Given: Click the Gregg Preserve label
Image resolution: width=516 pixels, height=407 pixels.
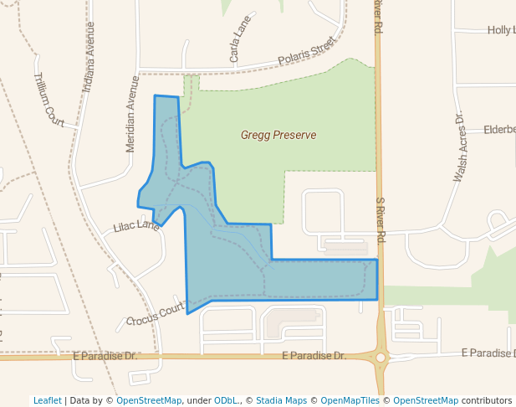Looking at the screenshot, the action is coord(278,135).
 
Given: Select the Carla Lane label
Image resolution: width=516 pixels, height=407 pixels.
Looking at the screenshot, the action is coord(240,44).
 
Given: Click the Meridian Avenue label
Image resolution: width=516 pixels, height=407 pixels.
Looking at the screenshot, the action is coord(131,115).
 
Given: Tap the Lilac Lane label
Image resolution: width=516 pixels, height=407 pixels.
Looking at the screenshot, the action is coord(136,226).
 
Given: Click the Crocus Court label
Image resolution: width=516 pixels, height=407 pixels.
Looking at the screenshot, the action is coord(155,315).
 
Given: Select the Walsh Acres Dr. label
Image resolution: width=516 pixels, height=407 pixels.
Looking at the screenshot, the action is coord(458,147).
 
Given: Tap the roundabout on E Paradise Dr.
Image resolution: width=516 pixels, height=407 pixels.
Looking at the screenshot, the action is coord(381,358).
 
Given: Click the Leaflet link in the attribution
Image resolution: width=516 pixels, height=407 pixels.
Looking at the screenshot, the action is coord(47,400).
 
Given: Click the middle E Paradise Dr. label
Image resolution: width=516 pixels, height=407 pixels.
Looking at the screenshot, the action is coord(314,356).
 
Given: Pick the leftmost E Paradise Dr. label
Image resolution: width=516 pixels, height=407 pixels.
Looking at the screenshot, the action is coord(105,356).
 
